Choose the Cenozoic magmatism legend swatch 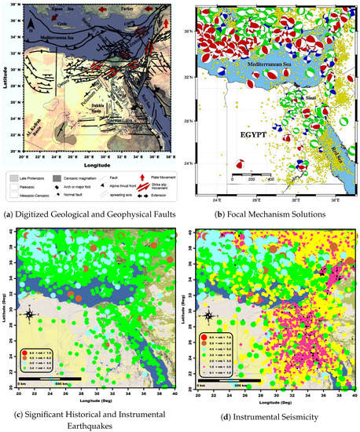coord(83,178)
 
